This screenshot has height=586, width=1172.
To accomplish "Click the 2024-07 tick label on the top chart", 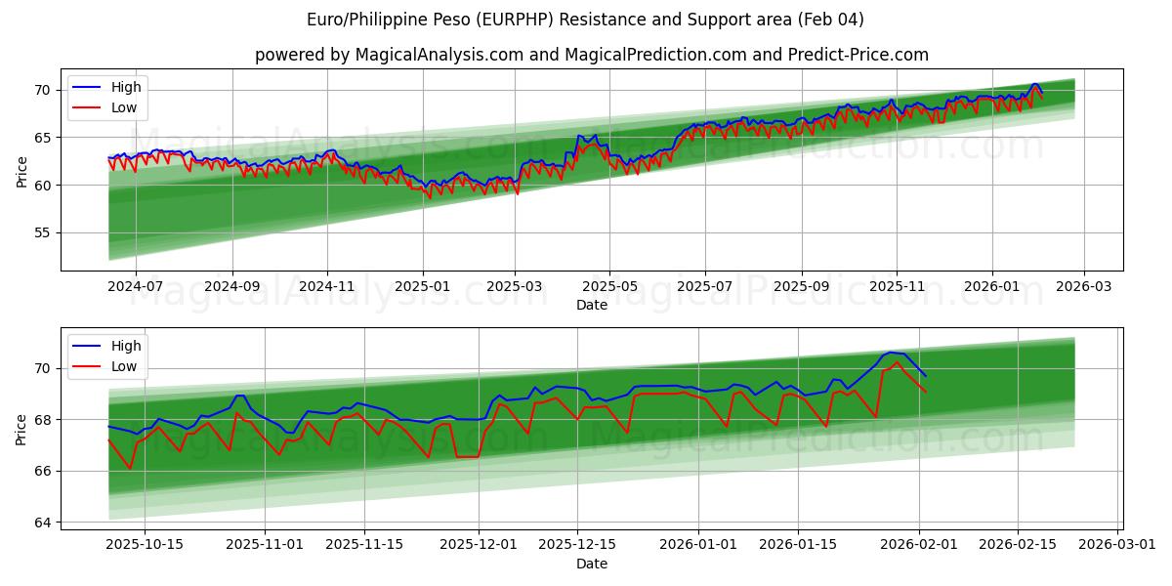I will pos(135,286).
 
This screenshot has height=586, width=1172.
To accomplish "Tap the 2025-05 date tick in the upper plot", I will pos(609,286).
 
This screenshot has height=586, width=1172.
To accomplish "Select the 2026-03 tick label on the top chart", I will pos(1084,286).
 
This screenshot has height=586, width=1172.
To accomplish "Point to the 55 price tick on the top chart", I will pos(42,232).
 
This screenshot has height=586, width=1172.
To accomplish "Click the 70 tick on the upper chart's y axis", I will pos(42,90).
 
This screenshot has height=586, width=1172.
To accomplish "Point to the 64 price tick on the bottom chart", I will pos(42,523).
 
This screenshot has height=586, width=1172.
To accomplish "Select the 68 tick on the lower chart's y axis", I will pos(42,420).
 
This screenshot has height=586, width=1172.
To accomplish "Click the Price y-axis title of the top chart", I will pos(21,171).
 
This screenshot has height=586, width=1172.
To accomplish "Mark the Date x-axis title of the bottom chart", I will pos(592,564).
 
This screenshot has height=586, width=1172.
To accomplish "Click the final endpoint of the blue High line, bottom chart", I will pos(926,376).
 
